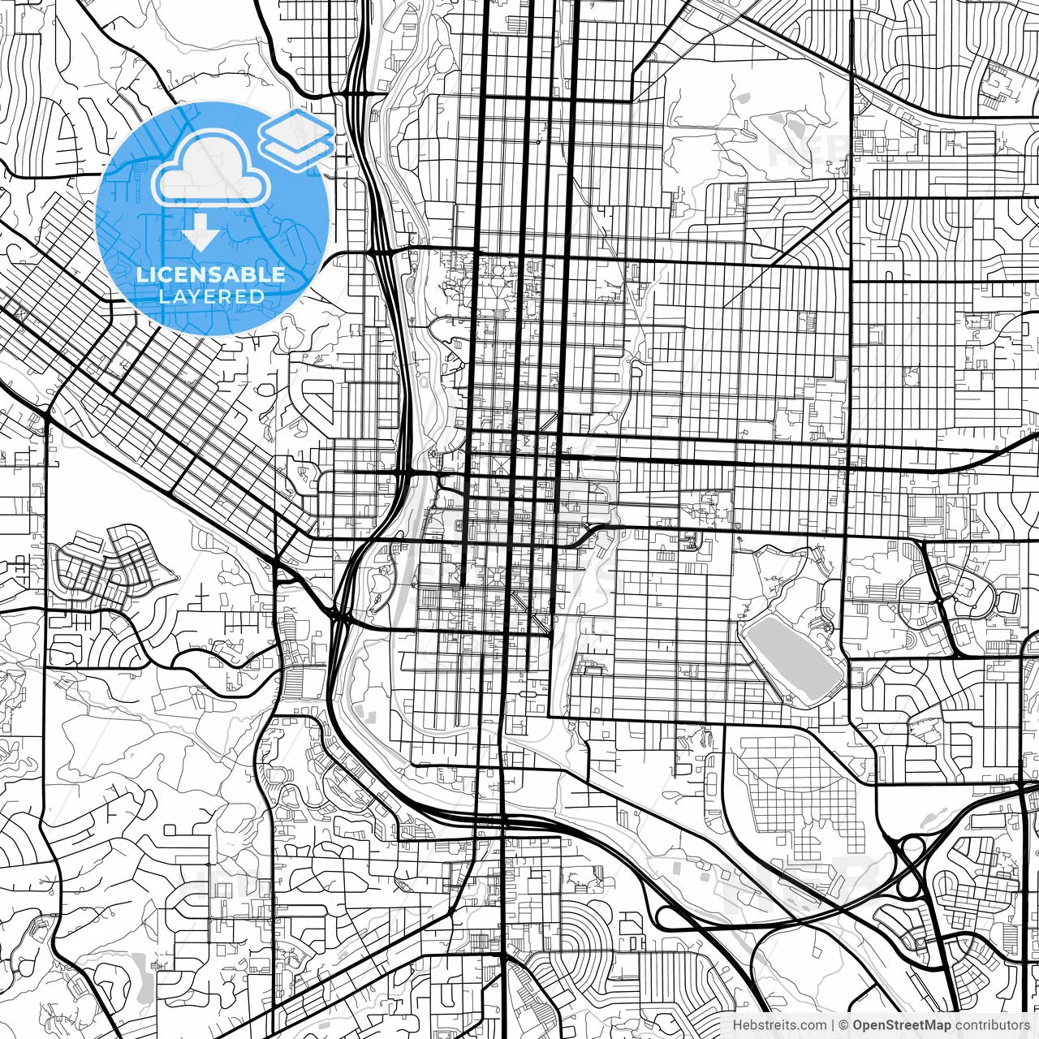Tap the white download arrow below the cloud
pyautogui.click(x=200, y=236)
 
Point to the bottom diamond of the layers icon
pyautogui.click(x=296, y=149)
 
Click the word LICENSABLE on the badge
pyautogui.click(x=211, y=274)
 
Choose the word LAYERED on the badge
pyautogui.click(x=211, y=296)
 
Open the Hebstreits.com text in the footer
pyautogui.click(x=779, y=1025)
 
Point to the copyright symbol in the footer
pyautogui.click(x=844, y=1025)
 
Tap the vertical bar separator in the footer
pyautogui.click(x=834, y=1025)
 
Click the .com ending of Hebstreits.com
pyautogui.click(x=813, y=1025)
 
